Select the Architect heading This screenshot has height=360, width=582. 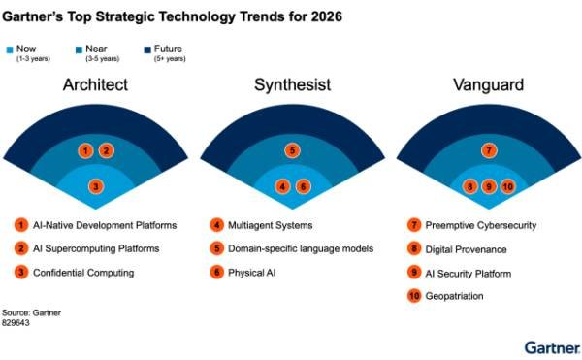point(95,84)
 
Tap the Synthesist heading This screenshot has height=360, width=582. point(291,84)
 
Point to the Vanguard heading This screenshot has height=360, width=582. point(488,84)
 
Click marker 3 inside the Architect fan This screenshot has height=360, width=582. point(95,186)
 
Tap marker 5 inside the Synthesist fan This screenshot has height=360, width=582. point(291,150)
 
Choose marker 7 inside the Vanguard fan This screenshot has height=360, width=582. point(489,150)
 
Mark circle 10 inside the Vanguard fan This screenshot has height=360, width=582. point(507,186)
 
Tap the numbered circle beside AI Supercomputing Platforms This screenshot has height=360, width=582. point(20,248)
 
